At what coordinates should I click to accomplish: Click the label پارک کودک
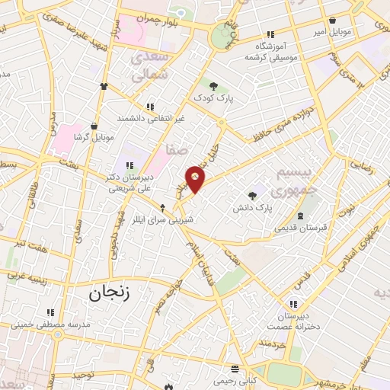coord(213,98)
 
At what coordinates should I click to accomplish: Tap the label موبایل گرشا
coord(93,138)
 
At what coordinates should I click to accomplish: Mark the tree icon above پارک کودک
coord(213,86)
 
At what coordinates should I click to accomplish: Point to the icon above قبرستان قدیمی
coord(300,216)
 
